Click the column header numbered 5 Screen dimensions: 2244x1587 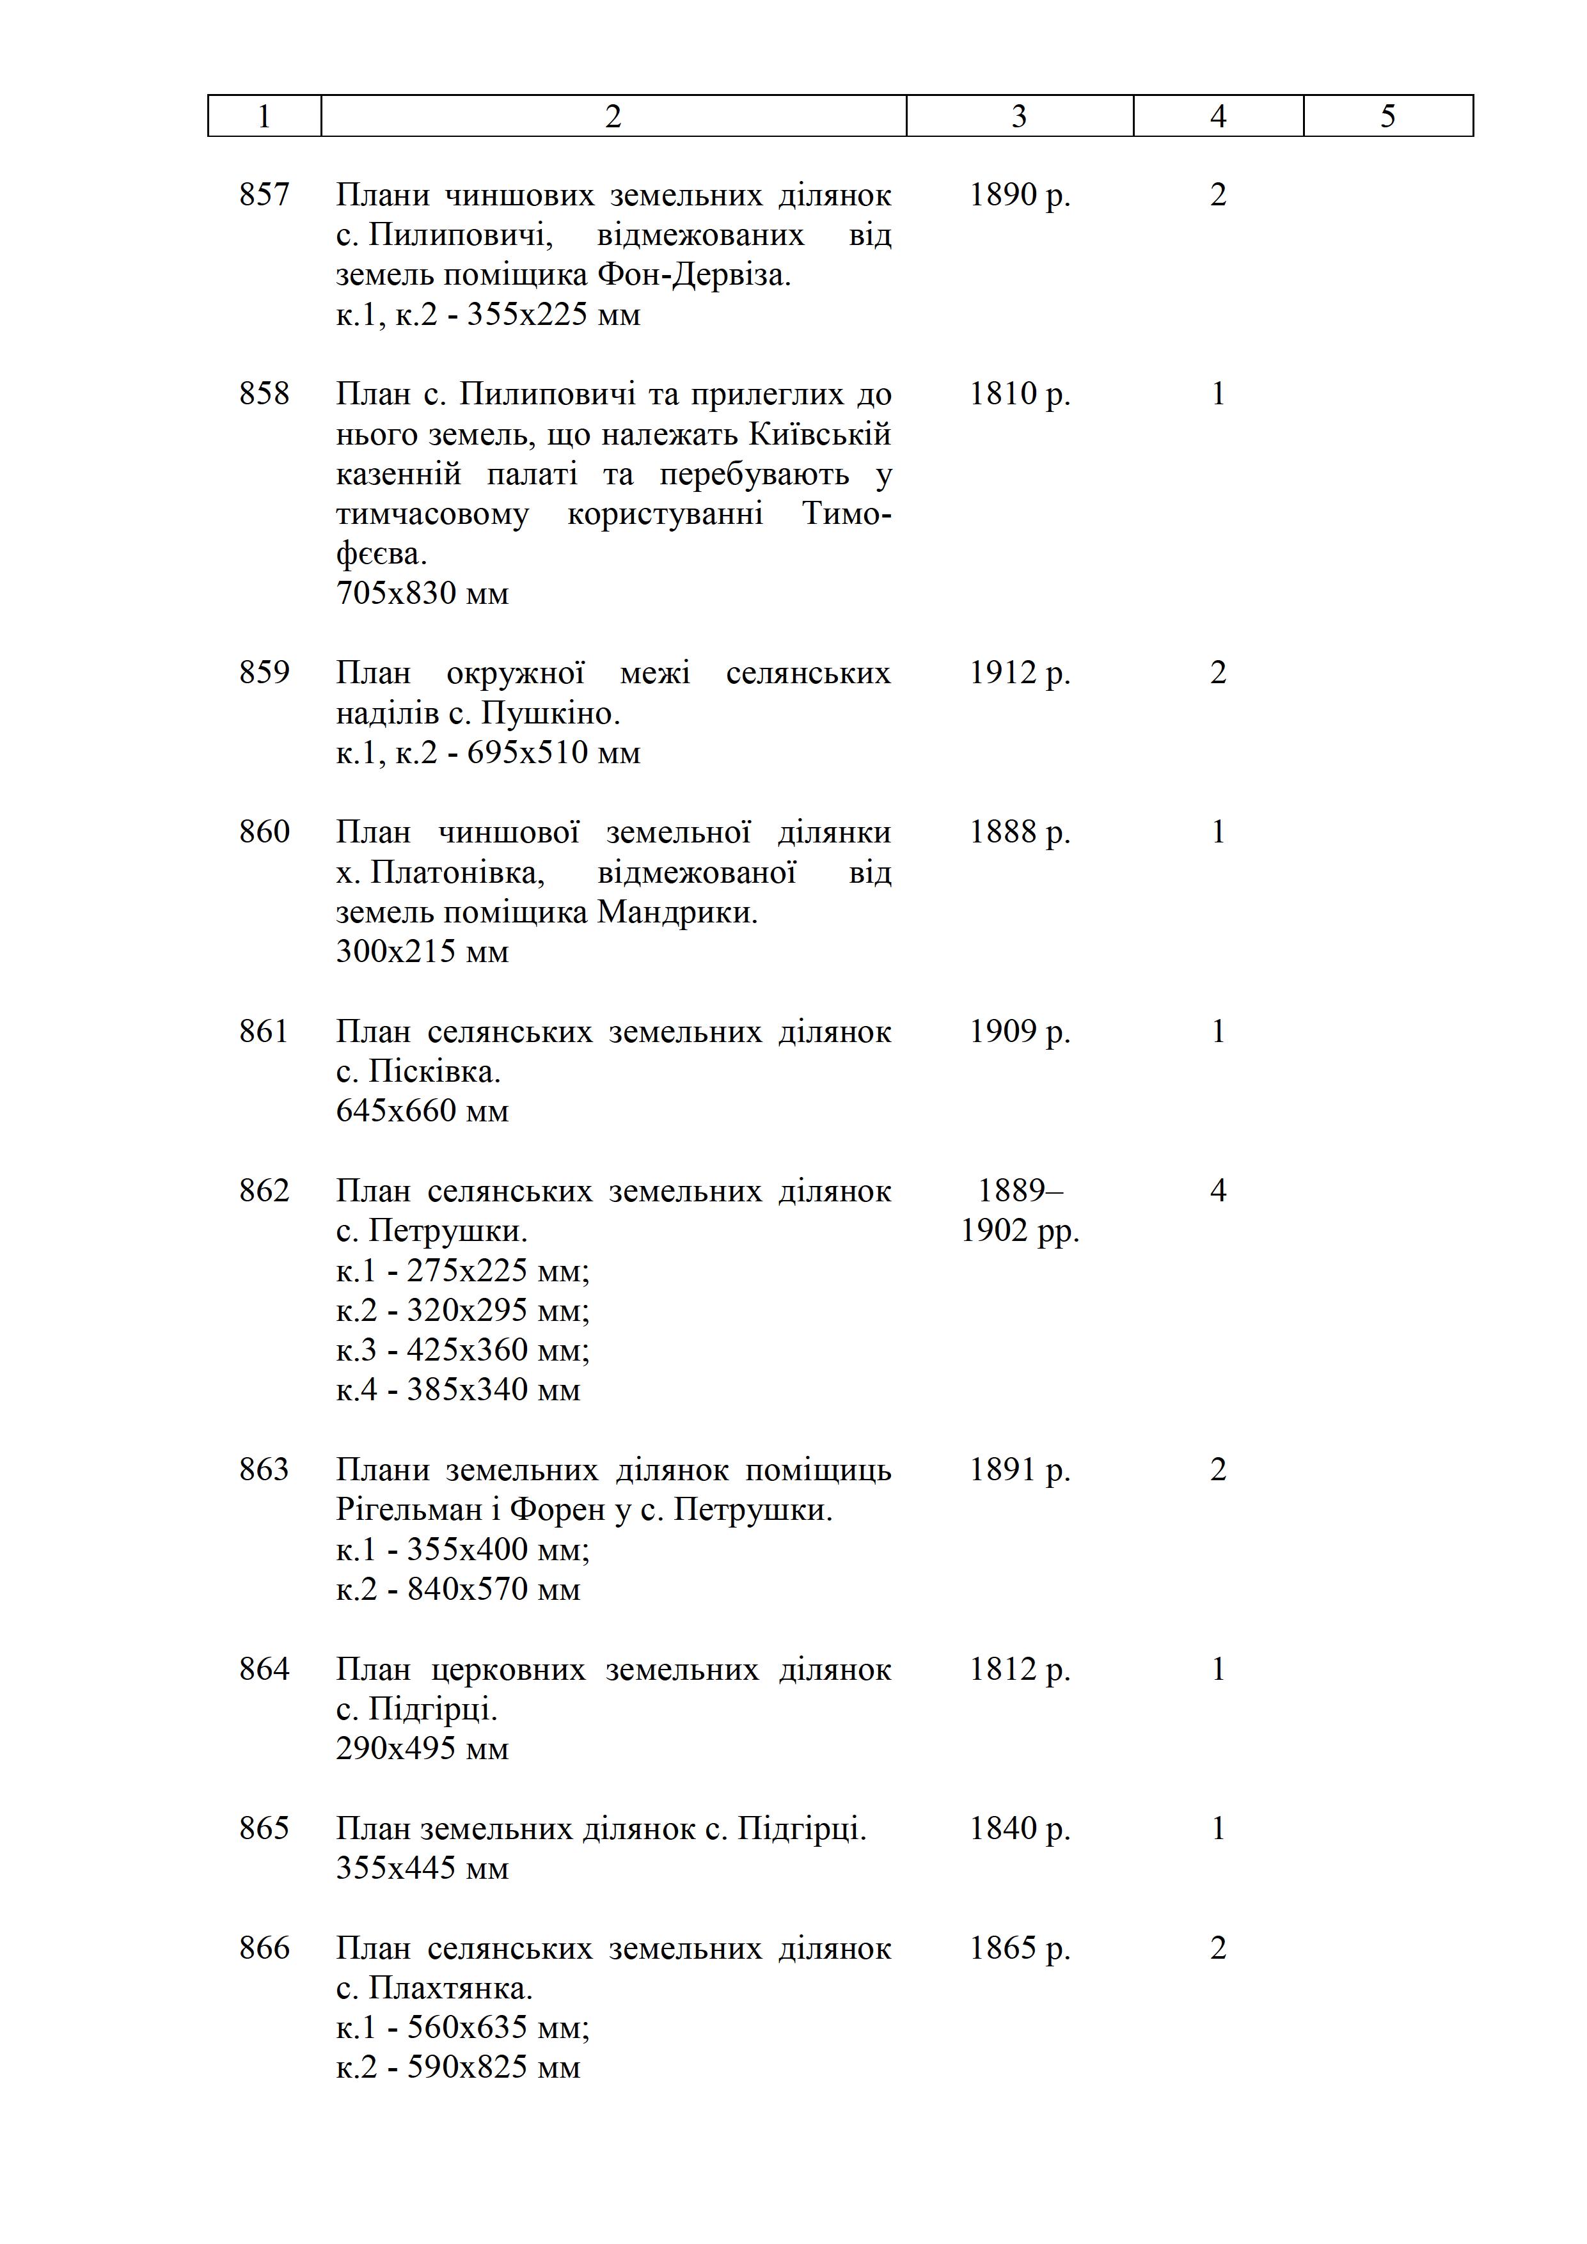coord(1387,116)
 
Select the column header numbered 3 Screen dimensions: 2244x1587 coord(1019,116)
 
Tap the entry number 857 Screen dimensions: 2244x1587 coord(264,194)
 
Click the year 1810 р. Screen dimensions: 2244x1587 coord(1019,394)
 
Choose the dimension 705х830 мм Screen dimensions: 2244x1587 coord(422,593)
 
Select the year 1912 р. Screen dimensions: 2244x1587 coord(1019,672)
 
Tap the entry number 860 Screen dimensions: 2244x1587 coord(264,832)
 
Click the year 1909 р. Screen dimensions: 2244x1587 coord(1019,1031)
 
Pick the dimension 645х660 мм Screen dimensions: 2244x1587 coord(422,1110)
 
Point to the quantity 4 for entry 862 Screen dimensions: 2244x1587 coord(1218,1190)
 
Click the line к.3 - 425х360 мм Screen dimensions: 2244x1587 coord(462,1350)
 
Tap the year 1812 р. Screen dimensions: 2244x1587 coord(1019,1670)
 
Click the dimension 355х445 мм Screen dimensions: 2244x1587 coord(422,1868)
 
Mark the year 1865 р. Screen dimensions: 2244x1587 coord(1019,1948)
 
